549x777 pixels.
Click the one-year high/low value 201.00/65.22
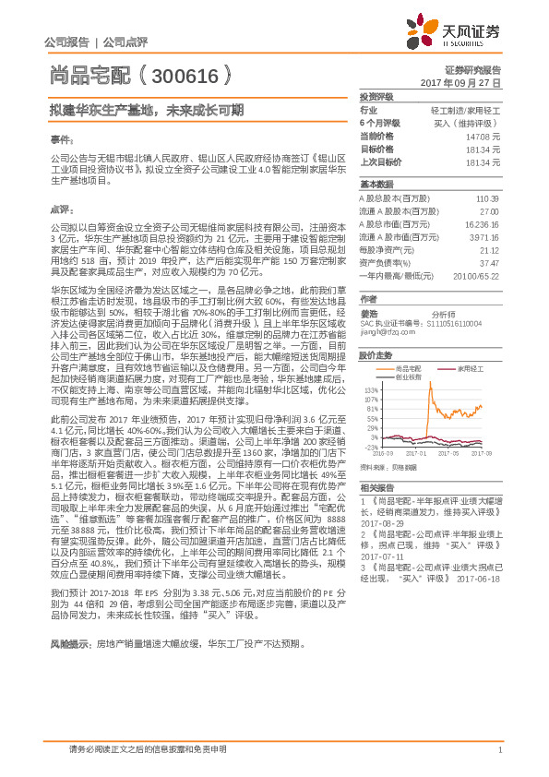(x=479, y=274)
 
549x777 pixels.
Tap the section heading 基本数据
(x=376, y=184)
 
